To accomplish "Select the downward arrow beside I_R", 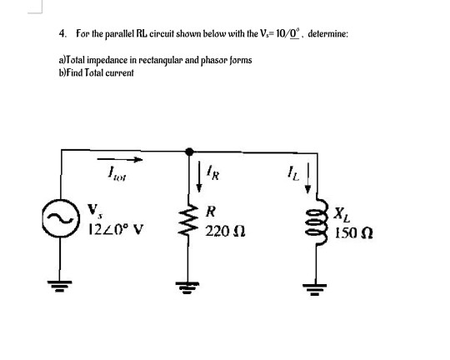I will click(199, 177).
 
